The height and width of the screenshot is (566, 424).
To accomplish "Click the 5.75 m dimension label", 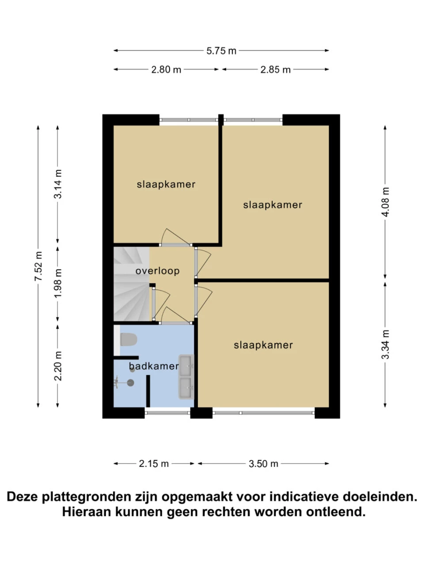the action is (221, 51).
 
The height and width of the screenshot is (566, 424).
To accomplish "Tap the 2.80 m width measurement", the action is (166, 69).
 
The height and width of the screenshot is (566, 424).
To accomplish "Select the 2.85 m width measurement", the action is (275, 69).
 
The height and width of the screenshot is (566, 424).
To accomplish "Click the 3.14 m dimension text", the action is (58, 184).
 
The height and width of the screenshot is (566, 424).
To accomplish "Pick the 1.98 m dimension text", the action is (58, 283).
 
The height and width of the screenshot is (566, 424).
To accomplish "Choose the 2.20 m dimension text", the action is (58, 366).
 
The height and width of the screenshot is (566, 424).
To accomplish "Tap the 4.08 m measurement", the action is (385, 202).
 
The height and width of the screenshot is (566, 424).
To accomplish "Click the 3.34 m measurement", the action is (385, 344).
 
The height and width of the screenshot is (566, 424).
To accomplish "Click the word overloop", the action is (158, 271).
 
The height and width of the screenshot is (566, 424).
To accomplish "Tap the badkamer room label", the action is (154, 366).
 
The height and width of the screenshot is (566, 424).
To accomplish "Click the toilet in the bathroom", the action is (128, 339).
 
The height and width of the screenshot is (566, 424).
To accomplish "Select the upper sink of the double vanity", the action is (186, 365).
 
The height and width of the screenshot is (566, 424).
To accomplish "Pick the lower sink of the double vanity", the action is (186, 388).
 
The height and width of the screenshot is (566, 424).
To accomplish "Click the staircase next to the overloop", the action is (132, 284).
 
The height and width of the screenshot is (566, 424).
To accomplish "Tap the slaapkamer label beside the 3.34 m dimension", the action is (263, 345).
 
